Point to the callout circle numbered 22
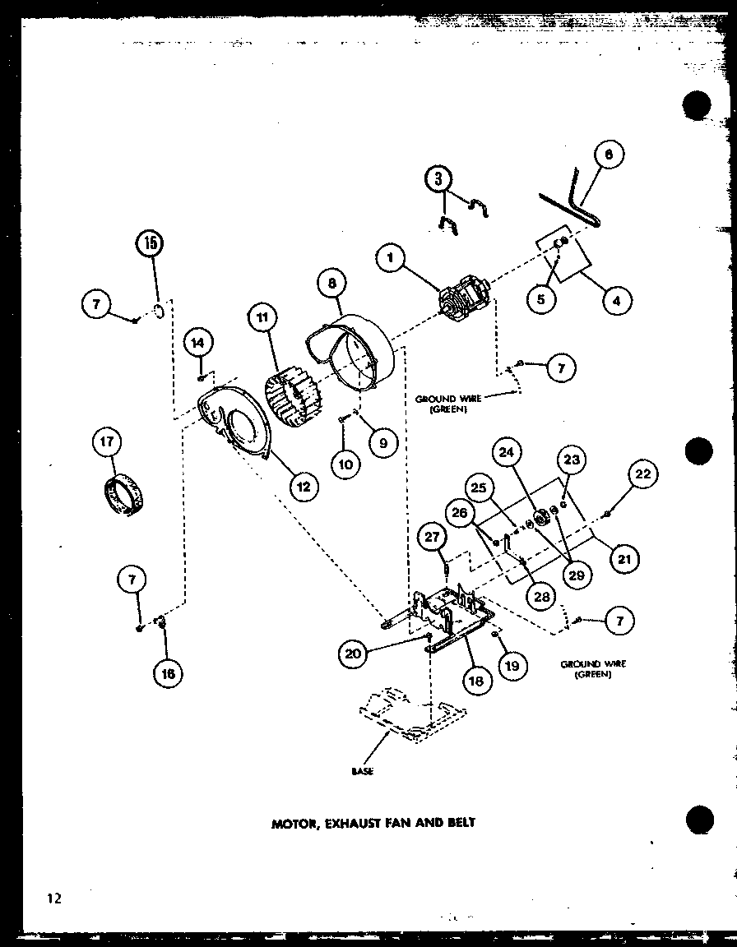pos(642,475)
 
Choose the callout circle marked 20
pos(353,654)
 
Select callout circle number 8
pos(332,284)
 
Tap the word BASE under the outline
pos(362,771)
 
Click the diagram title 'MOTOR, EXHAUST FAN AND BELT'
pos(373,821)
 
